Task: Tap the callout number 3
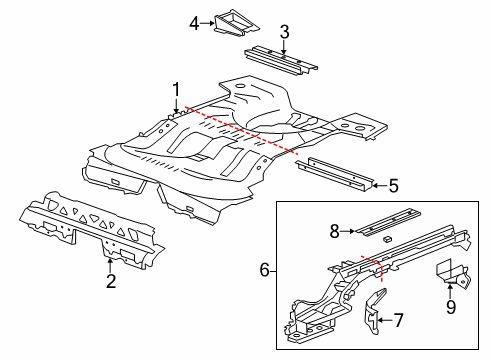pyautogui.click(x=284, y=33)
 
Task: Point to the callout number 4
pyautogui.click(x=194, y=20)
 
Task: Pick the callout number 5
pyautogui.click(x=393, y=184)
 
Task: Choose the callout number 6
pyautogui.click(x=264, y=270)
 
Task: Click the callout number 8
pyautogui.click(x=335, y=231)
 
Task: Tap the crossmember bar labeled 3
pyautogui.click(x=280, y=60)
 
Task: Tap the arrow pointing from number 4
pyautogui.click(x=207, y=20)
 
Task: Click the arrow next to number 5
pyautogui.click(x=377, y=184)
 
